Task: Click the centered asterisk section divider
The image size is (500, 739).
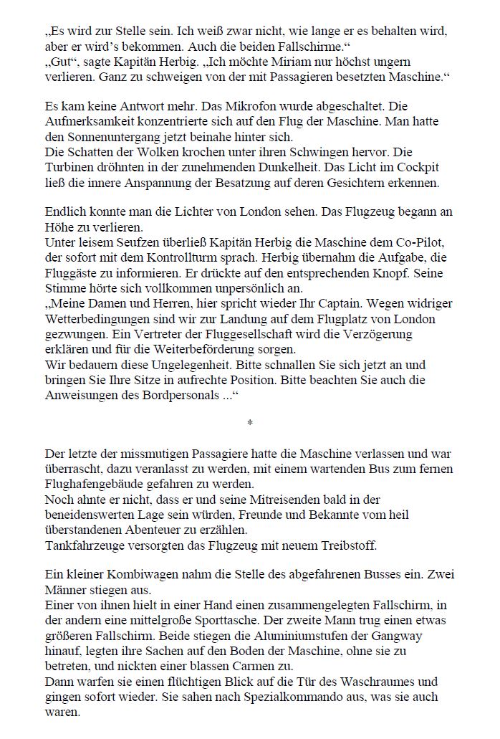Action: pos(249,424)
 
